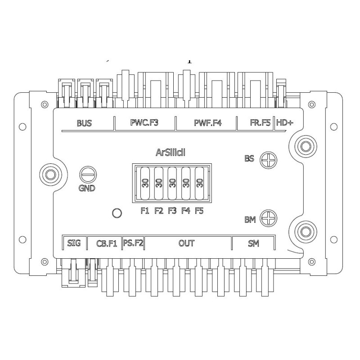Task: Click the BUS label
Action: (x=84, y=123)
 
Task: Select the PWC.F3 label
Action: (x=144, y=122)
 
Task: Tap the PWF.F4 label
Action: (x=208, y=122)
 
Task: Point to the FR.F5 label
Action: (x=261, y=122)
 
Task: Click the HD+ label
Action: (x=284, y=122)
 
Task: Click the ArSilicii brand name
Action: (x=171, y=153)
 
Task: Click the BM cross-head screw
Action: (x=269, y=219)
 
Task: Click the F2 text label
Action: (x=158, y=211)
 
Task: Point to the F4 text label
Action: (x=185, y=211)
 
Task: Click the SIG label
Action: (x=74, y=243)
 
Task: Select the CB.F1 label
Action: (x=107, y=243)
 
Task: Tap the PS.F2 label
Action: (x=133, y=243)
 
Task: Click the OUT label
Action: (x=187, y=243)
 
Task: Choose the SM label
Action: (x=253, y=243)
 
